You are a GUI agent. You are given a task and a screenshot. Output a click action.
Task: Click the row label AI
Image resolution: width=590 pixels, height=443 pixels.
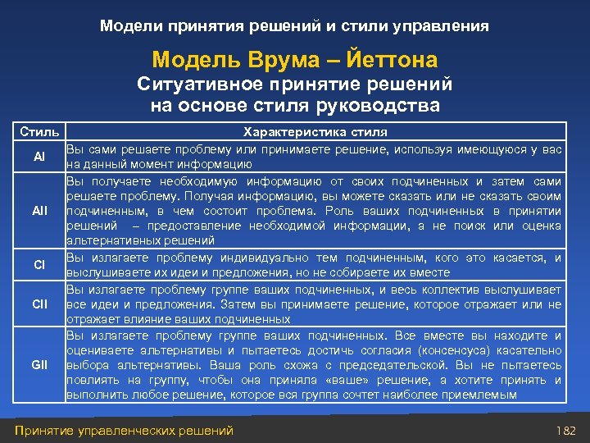click(39, 156)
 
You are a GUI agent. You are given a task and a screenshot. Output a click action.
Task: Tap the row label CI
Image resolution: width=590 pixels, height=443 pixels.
click(39, 265)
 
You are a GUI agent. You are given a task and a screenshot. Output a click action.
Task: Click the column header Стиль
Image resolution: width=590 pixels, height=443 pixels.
click(39, 131)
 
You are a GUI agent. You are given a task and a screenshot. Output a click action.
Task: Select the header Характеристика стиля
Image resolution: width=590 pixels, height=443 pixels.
click(316, 131)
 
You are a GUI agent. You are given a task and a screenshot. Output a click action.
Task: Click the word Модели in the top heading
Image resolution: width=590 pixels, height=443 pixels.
click(130, 26)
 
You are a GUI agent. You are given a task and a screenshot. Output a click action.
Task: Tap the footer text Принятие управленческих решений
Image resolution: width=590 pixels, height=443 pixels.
click(124, 430)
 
